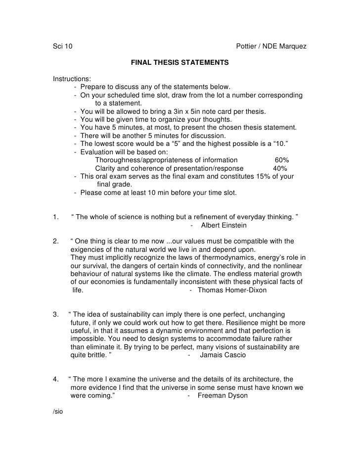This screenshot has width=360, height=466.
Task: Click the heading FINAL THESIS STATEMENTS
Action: [x=180, y=63]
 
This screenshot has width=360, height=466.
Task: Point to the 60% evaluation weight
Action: [x=282, y=160]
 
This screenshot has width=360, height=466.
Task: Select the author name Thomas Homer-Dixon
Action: [x=232, y=290]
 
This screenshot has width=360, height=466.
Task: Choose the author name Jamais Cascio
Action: [x=223, y=355]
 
